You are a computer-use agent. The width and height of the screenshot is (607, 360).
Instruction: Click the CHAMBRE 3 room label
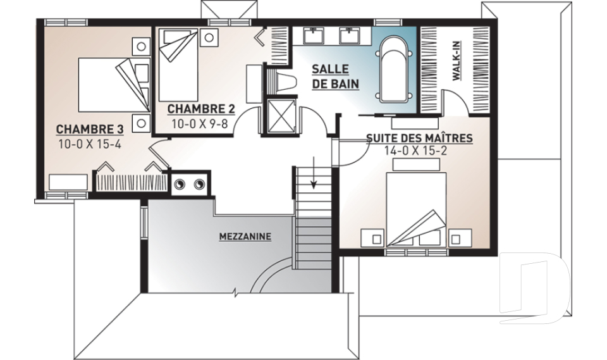pos(90,129)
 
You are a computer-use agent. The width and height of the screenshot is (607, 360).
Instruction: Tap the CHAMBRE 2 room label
pos(201,109)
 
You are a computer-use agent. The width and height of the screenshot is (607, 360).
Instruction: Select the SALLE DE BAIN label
pos(335,77)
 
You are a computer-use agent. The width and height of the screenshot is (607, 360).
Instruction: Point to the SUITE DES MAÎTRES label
pos(419,138)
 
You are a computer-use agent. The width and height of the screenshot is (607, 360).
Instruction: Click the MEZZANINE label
pos(245,237)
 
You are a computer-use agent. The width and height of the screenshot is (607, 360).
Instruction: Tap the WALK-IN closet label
pos(457,61)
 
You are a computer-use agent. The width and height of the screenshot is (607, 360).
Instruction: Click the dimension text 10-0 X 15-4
pos(90,144)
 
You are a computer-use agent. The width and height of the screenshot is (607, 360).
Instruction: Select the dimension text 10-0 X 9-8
pos(199,124)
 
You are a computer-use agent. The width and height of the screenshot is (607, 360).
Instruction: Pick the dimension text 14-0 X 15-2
pos(416,151)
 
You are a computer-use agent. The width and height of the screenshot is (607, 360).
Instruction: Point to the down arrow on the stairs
pos(313,172)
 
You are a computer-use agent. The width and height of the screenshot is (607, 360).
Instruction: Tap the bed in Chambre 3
pos(114,85)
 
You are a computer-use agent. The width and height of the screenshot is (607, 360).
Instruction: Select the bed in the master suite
pos(416,209)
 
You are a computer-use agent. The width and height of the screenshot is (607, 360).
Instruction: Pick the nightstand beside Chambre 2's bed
pos(209,37)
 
